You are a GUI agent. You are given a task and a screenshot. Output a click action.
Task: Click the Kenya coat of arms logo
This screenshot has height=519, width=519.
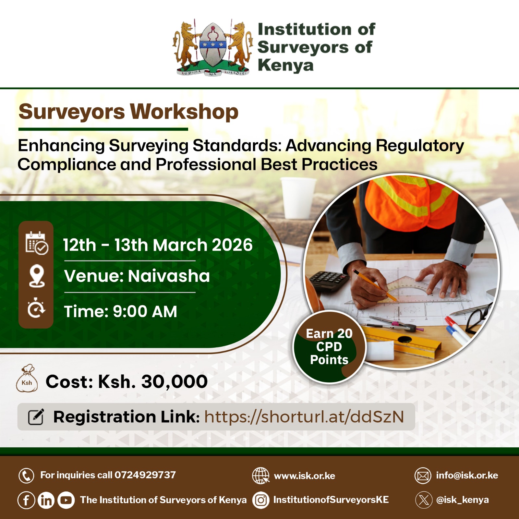(x=213, y=47)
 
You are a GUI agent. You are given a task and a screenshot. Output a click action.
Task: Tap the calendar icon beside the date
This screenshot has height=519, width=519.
(x=37, y=243)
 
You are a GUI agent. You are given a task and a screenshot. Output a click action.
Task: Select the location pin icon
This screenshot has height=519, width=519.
(x=37, y=276)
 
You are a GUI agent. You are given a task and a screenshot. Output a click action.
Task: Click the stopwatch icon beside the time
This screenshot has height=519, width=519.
(x=36, y=308)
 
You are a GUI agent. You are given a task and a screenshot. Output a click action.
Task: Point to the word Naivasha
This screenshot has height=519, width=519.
(x=169, y=276)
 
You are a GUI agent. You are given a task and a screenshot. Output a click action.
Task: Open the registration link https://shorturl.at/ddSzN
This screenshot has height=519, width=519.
(x=304, y=417)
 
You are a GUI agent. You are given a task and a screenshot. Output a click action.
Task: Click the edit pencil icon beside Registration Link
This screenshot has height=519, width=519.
(x=36, y=417)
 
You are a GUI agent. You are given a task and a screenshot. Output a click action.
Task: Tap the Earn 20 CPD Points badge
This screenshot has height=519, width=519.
(x=329, y=347)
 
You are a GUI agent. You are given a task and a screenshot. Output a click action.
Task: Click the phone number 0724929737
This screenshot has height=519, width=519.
(x=145, y=475)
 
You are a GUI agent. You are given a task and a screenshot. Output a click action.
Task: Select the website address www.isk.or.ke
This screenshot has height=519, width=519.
(x=304, y=476)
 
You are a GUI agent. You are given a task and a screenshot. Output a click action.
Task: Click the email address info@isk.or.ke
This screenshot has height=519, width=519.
(x=467, y=476)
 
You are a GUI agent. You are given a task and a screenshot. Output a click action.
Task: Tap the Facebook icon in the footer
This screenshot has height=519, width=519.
(x=26, y=500)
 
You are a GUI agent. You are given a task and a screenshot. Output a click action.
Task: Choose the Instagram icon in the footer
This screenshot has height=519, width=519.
(x=261, y=500)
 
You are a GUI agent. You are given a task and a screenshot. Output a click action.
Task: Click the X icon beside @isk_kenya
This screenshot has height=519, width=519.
(x=424, y=500)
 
